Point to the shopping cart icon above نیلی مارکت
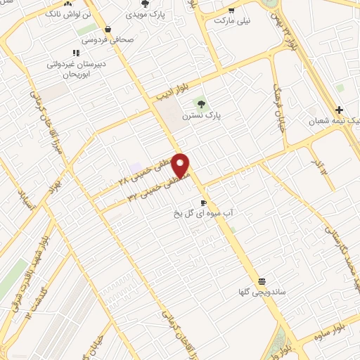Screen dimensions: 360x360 point(231,11)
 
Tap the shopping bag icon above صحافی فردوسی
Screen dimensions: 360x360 point(107,29)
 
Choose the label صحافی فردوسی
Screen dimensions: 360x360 point(108,40)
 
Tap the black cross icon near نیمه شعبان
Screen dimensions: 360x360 point(339,110)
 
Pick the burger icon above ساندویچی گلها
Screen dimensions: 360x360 point(262,278)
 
